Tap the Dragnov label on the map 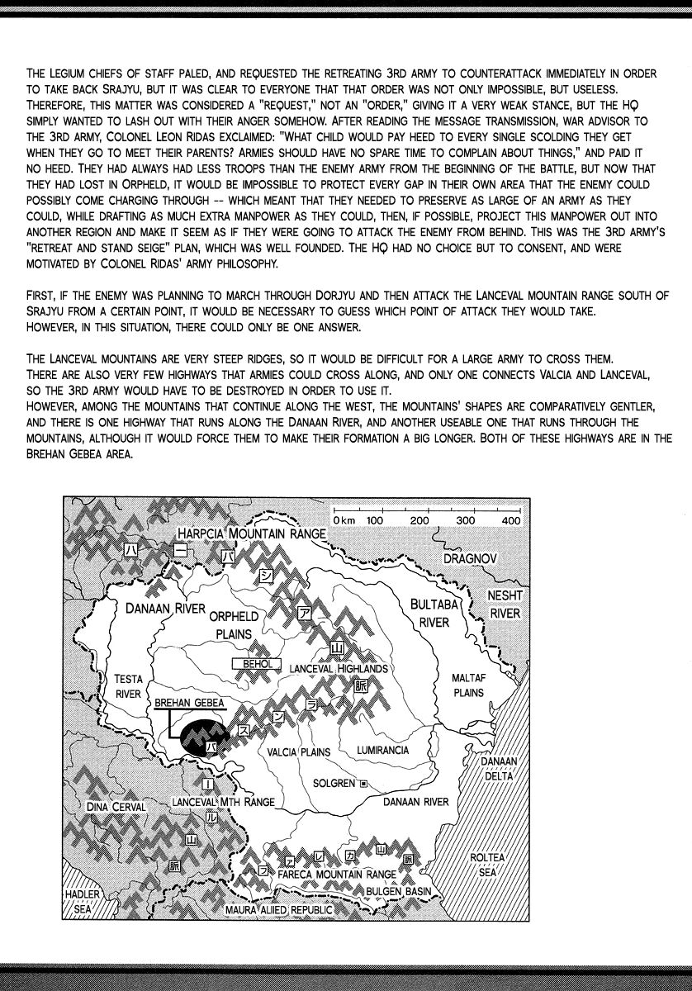pyautogui.click(x=469, y=558)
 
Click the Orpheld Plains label pyautogui.click(x=234, y=625)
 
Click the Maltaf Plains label pyautogui.click(x=468, y=685)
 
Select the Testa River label pyautogui.click(x=128, y=687)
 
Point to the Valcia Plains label pyautogui.click(x=298, y=752)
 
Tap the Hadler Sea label pyautogui.click(x=83, y=901)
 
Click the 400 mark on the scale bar pyautogui.click(x=510, y=520)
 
